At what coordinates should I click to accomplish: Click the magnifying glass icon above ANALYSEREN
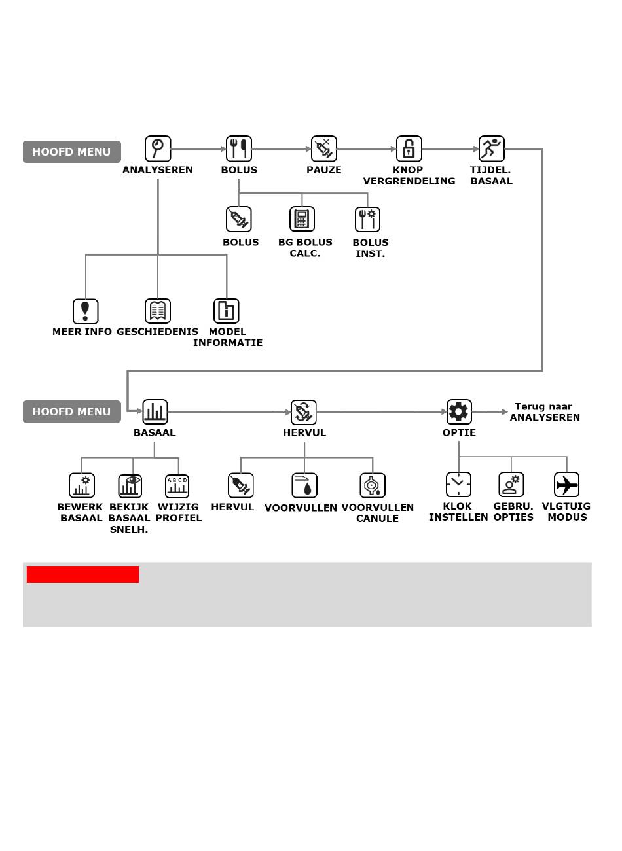tap(158, 148)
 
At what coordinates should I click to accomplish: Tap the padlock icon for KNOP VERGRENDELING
tap(409, 148)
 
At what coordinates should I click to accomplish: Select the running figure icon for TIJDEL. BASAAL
tap(491, 148)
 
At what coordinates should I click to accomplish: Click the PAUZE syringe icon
tap(323, 148)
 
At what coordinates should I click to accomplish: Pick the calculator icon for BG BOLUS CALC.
tap(302, 219)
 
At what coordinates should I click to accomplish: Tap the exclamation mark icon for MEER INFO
tap(85, 311)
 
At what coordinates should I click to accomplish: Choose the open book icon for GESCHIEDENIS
tap(157, 311)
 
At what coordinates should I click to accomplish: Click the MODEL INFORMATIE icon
tap(227, 311)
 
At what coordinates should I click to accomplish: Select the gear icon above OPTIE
tap(459, 411)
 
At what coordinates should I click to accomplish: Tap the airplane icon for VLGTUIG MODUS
tap(566, 485)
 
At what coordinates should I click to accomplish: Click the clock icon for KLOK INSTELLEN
tap(458, 485)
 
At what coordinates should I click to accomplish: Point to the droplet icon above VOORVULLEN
tap(304, 485)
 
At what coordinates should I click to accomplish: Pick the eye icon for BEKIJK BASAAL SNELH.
tap(130, 485)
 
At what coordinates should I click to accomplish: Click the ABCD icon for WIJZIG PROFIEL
tap(177, 485)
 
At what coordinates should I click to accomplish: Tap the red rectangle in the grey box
tap(83, 574)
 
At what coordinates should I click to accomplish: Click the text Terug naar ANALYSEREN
tap(544, 412)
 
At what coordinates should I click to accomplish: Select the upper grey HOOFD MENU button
tap(72, 152)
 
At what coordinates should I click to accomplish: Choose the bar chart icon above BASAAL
tap(155, 411)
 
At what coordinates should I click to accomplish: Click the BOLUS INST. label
tap(370, 248)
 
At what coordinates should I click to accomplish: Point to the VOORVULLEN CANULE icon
tap(373, 485)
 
